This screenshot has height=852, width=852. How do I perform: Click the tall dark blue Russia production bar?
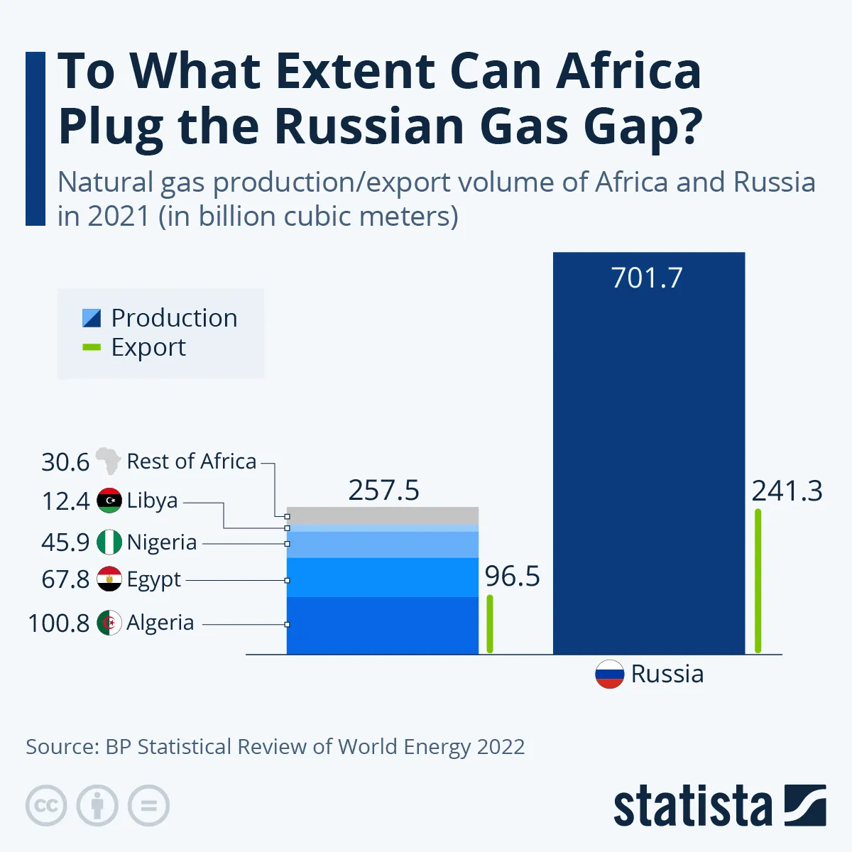point(648,454)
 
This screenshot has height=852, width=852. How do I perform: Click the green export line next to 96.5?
point(490,623)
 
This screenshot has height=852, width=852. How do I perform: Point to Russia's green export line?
point(758,581)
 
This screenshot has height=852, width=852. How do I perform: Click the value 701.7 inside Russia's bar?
point(647,278)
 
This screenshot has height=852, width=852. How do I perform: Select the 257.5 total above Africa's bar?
point(383,491)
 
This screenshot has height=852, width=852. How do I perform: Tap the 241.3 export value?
point(787,491)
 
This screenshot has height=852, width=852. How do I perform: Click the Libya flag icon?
point(109,501)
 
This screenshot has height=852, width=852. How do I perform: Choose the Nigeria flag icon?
point(109,542)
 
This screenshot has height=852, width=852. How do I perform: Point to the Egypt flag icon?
point(109,579)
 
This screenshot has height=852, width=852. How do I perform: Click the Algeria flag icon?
point(109,623)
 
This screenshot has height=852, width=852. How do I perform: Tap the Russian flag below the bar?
point(609,674)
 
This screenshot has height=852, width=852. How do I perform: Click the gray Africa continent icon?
point(108,461)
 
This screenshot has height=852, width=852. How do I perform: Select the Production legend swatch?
point(92,318)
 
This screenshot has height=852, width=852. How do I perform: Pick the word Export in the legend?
point(148,348)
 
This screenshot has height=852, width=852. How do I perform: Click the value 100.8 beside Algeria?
point(58,623)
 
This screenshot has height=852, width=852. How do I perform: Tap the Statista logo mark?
point(805,806)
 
